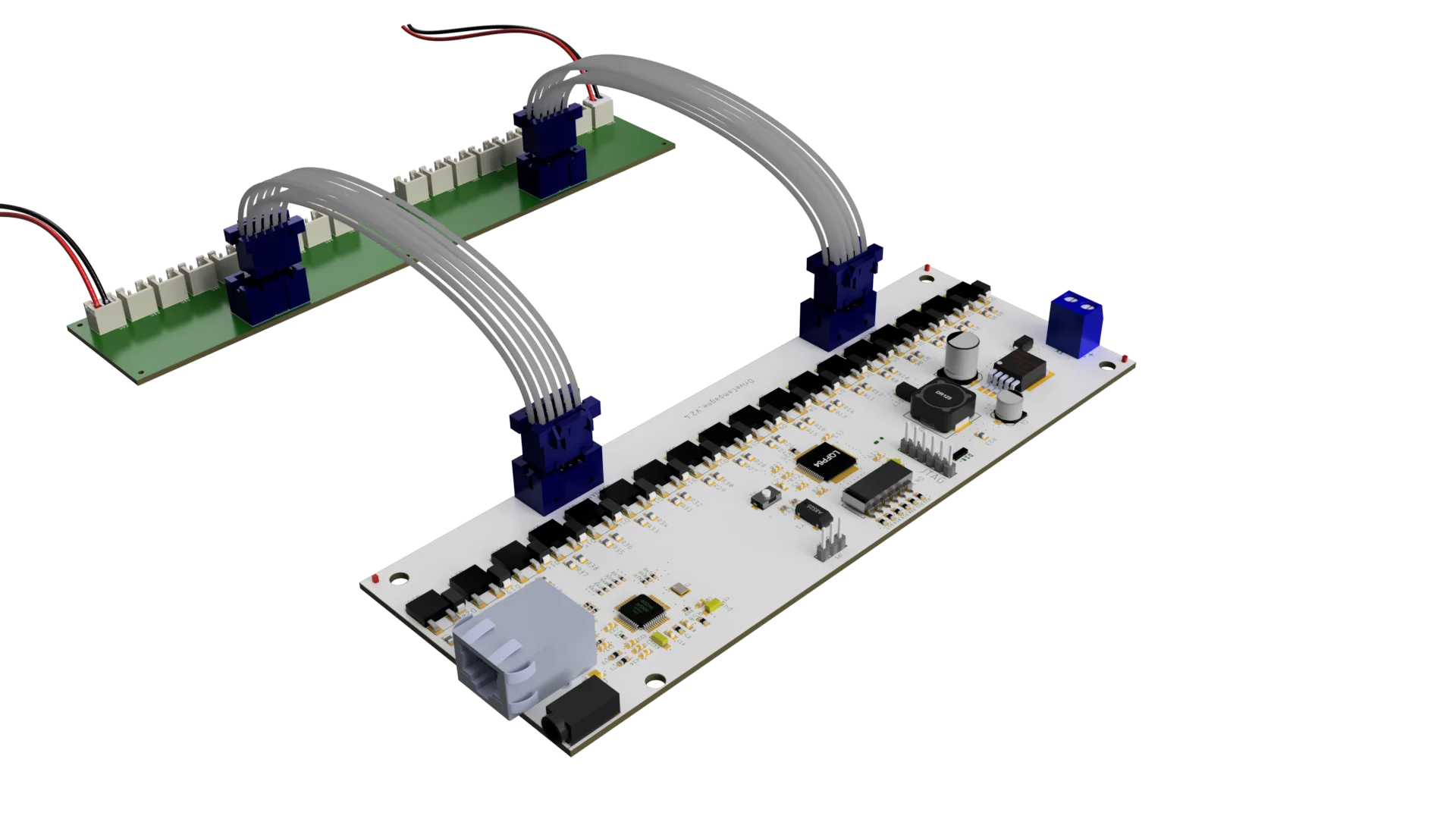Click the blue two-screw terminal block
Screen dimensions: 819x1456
coord(1075,322)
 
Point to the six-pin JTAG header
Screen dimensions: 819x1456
coord(927,451)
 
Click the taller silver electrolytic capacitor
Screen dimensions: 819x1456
coord(962,356)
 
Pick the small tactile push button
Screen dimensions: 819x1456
coord(765,497)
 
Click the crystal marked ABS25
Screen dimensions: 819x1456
coord(813,513)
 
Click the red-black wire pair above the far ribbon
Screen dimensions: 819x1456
coord(485,34)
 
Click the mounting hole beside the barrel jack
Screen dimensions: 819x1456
coord(653,680)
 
